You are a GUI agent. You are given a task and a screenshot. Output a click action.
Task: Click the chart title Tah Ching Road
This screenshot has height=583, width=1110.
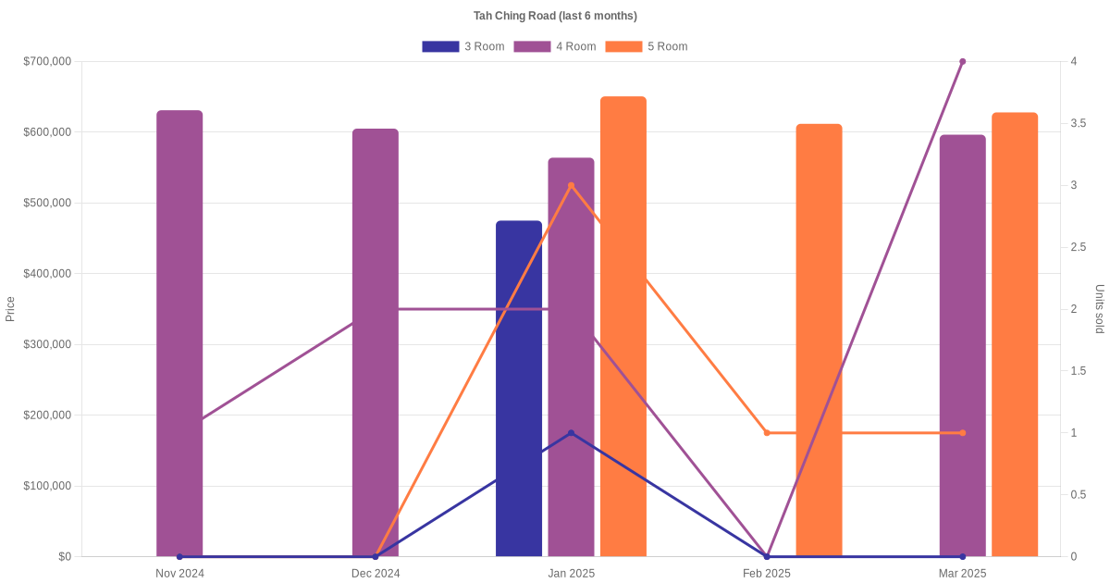click(x=555, y=16)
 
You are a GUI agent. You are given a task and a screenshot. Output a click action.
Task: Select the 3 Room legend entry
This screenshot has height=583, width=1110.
click(x=462, y=46)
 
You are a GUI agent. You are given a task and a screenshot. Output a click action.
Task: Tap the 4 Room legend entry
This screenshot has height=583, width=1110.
click(x=554, y=46)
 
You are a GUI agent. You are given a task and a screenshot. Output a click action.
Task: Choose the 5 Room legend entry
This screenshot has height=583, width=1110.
click(x=646, y=46)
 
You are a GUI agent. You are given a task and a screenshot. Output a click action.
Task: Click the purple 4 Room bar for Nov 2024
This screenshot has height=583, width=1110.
click(x=179, y=333)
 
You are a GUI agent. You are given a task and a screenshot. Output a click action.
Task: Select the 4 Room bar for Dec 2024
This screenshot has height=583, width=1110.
click(x=376, y=342)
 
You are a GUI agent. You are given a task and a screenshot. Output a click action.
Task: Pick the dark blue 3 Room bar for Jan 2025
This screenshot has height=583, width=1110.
click(x=519, y=389)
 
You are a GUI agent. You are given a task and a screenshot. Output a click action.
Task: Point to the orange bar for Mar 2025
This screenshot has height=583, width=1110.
click(x=1015, y=334)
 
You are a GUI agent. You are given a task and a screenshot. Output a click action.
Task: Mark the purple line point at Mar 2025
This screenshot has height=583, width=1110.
click(x=962, y=62)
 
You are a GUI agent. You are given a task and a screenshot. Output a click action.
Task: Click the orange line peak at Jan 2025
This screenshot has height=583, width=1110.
click(x=571, y=185)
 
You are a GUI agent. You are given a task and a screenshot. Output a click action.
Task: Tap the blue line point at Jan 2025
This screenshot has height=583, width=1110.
click(x=571, y=433)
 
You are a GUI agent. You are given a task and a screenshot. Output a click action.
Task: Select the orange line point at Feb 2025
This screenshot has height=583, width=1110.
click(x=767, y=433)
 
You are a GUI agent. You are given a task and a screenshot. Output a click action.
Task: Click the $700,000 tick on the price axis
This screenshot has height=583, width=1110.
click(x=46, y=62)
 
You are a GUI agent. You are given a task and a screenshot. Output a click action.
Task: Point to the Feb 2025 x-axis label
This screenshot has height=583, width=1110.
click(x=767, y=574)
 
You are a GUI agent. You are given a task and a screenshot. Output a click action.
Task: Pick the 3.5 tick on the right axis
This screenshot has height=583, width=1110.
click(x=1079, y=123)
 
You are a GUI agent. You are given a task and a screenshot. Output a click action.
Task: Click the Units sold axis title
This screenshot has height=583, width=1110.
click(x=1099, y=309)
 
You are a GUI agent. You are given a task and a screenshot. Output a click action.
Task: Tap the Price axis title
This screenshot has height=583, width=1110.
click(x=10, y=309)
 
